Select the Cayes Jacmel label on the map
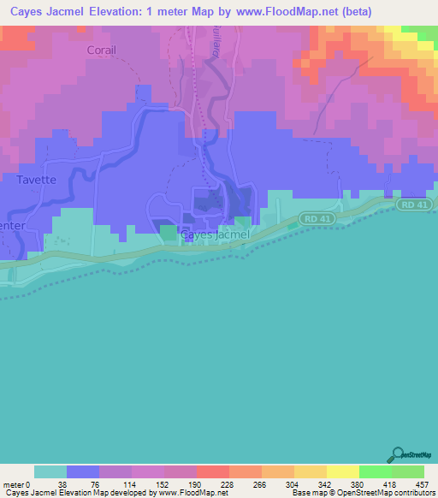tap(215, 234)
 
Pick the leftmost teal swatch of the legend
tap(50, 471)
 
